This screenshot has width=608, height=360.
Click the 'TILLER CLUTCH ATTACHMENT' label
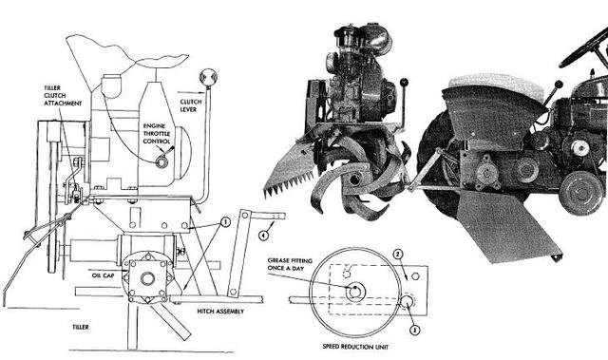(x=63, y=96)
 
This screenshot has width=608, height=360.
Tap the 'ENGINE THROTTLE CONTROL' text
(x=157, y=134)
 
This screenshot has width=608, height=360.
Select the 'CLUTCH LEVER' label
(x=191, y=105)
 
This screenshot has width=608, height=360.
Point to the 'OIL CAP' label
(x=104, y=275)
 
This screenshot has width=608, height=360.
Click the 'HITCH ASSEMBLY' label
(x=220, y=312)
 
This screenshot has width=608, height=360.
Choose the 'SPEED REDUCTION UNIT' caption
(x=355, y=347)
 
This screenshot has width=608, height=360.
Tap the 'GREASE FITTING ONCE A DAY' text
(x=290, y=264)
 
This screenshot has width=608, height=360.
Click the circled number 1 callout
(x=225, y=222)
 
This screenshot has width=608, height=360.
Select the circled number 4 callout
(x=264, y=235)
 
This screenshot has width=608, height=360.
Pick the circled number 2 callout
(x=398, y=255)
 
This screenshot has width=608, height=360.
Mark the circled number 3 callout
(x=415, y=331)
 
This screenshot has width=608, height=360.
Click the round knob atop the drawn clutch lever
(x=208, y=78)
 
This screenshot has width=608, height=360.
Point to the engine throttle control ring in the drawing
(x=161, y=162)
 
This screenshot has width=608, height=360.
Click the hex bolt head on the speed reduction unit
(x=415, y=276)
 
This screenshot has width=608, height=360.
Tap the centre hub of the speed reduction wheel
(x=355, y=292)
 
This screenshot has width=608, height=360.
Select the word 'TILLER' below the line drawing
(x=81, y=327)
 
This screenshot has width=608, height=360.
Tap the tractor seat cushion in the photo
(x=496, y=86)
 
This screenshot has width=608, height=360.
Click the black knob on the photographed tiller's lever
(x=405, y=82)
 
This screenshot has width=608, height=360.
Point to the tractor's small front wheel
(x=582, y=193)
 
